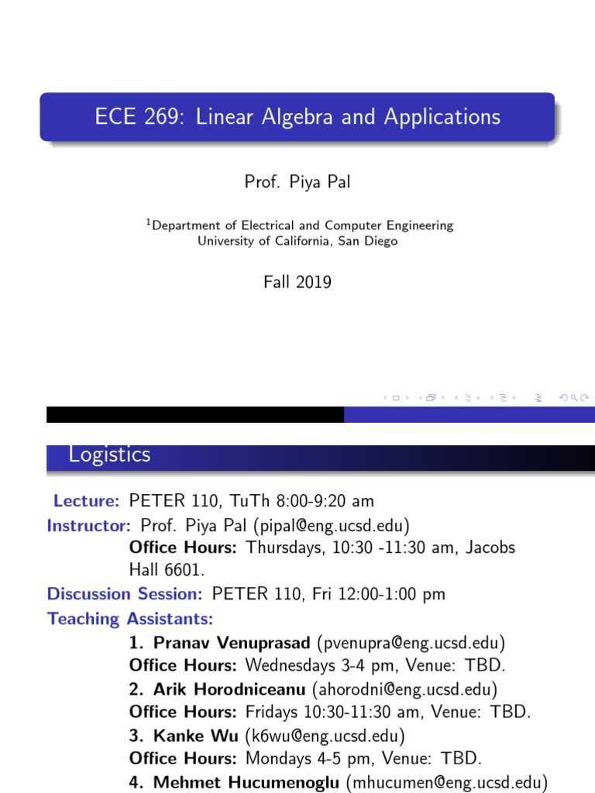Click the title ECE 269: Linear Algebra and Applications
click(x=297, y=117)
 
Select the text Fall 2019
click(x=297, y=282)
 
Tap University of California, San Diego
click(x=297, y=241)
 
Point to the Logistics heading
click(x=109, y=455)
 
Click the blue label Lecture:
click(x=86, y=500)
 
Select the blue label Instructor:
click(x=89, y=525)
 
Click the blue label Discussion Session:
click(x=125, y=594)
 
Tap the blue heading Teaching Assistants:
click(x=130, y=619)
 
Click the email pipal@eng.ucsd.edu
click(x=330, y=525)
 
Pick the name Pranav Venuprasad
click(x=232, y=642)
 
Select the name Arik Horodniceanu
click(x=229, y=688)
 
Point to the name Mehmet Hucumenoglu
click(x=246, y=782)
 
